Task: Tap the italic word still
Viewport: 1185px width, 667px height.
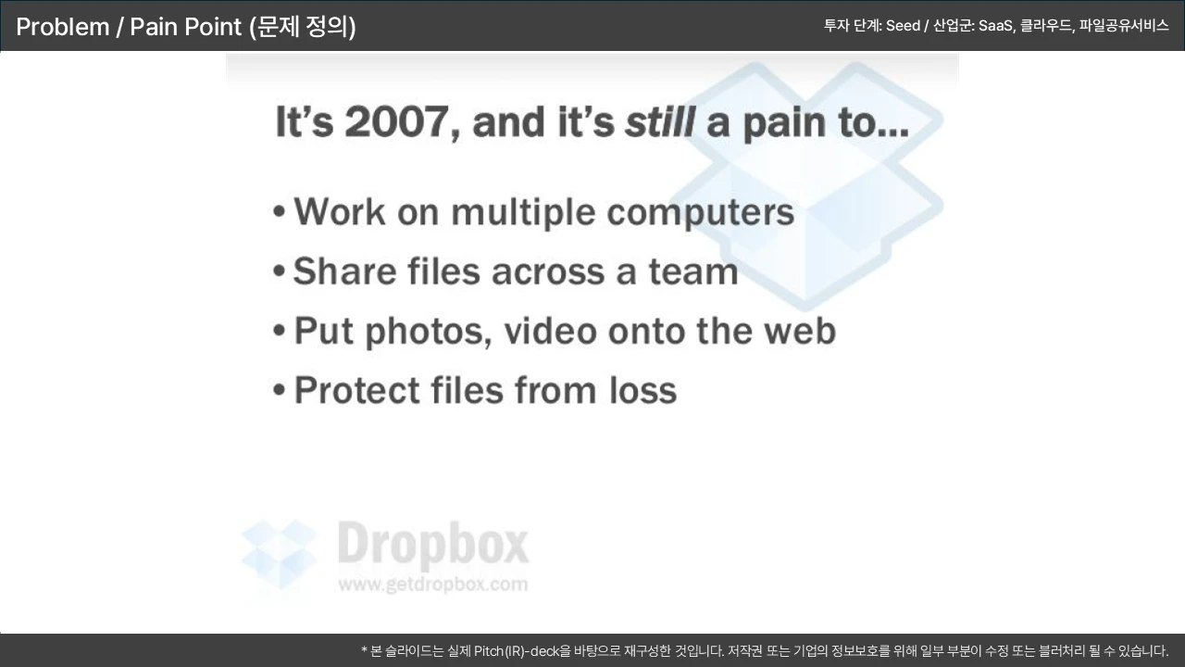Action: click(660, 121)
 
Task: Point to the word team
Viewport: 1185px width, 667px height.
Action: click(693, 272)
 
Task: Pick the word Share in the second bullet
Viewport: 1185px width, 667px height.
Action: click(344, 271)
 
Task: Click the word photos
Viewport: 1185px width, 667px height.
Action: click(429, 333)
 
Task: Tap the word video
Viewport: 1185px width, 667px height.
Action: click(550, 331)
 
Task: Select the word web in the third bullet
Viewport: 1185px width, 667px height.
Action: click(800, 331)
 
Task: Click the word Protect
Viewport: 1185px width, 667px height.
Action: click(356, 390)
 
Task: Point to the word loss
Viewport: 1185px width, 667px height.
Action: click(642, 390)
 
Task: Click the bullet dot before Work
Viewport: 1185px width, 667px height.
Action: click(280, 213)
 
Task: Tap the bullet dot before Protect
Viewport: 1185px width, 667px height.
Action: click(280, 391)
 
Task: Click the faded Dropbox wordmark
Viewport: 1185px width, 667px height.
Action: click(433, 544)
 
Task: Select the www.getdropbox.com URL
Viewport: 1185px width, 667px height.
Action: click(433, 585)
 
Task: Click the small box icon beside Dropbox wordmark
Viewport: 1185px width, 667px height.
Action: click(279, 554)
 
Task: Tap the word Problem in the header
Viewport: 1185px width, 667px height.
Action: click(62, 27)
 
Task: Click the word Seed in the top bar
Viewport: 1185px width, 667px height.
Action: click(903, 25)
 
